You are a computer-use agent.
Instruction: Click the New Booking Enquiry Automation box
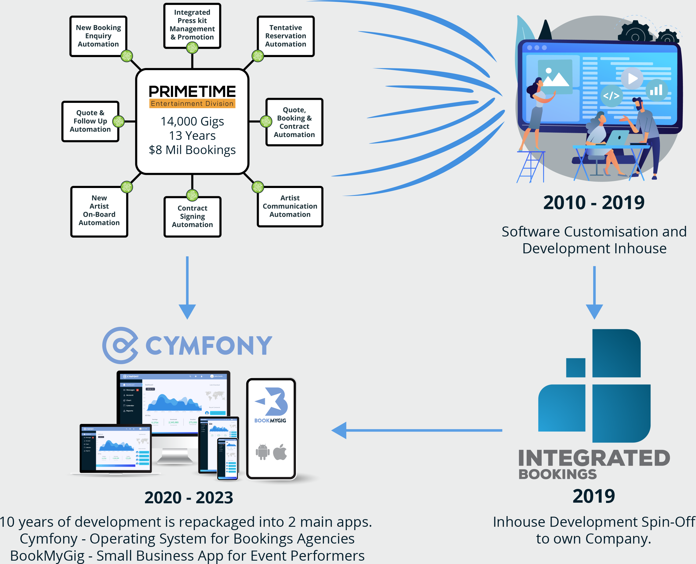(x=98, y=36)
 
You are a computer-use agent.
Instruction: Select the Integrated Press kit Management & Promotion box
(x=192, y=25)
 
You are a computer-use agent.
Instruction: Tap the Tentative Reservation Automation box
(x=286, y=36)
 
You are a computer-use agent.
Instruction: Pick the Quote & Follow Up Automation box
(x=90, y=121)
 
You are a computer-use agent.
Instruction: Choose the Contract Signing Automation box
(x=192, y=216)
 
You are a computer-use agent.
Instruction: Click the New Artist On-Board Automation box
(x=99, y=211)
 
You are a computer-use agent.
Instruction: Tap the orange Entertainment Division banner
(x=192, y=104)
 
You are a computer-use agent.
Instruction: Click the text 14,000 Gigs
(x=192, y=121)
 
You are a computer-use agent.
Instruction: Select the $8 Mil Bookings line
(x=192, y=150)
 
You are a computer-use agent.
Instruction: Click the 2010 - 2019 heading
(x=594, y=203)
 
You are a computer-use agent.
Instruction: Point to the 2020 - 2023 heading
(x=189, y=497)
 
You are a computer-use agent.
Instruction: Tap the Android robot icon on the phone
(x=262, y=452)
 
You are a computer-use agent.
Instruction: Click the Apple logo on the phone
(x=280, y=452)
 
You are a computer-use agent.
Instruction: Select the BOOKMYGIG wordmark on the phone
(x=270, y=420)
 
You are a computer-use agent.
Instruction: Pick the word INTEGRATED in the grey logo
(x=594, y=458)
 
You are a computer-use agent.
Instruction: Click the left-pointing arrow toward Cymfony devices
(x=339, y=430)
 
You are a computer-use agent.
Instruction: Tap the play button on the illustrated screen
(x=632, y=79)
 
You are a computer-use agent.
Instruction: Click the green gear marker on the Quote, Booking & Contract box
(x=266, y=121)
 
